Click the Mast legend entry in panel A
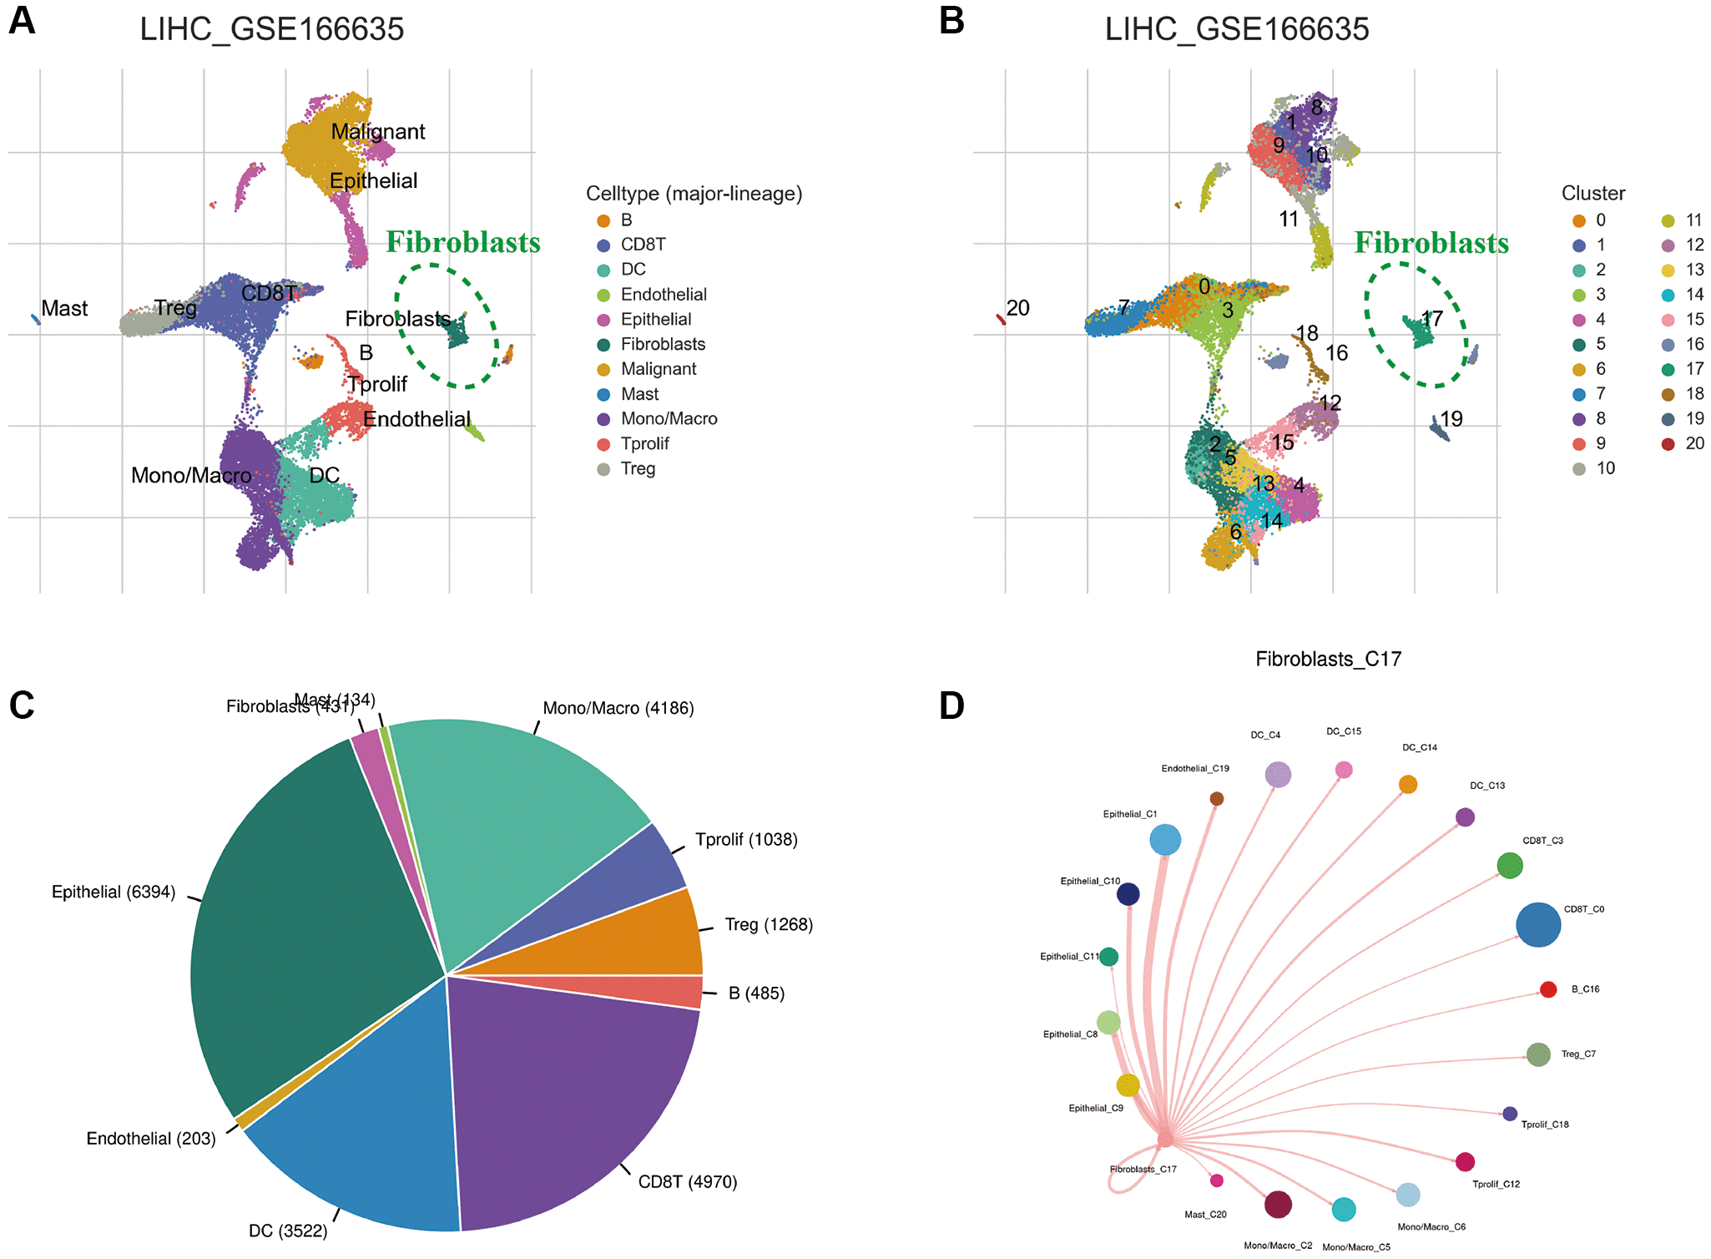click(x=638, y=394)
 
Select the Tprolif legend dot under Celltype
click(x=604, y=444)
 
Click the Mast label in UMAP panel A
click(x=64, y=309)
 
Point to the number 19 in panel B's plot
click(x=1451, y=419)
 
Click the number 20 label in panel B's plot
click(x=1017, y=308)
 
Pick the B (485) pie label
click(x=756, y=994)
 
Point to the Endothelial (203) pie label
click(x=151, y=1139)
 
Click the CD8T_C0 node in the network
click(x=1537, y=925)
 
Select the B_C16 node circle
click(x=1547, y=990)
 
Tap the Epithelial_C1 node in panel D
click(x=1165, y=840)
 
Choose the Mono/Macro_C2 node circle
click(x=1278, y=1205)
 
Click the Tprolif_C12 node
click(x=1465, y=1162)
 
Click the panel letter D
click(x=951, y=706)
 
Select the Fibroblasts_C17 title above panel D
click(x=1328, y=660)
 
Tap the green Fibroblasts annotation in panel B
click(x=1431, y=243)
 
